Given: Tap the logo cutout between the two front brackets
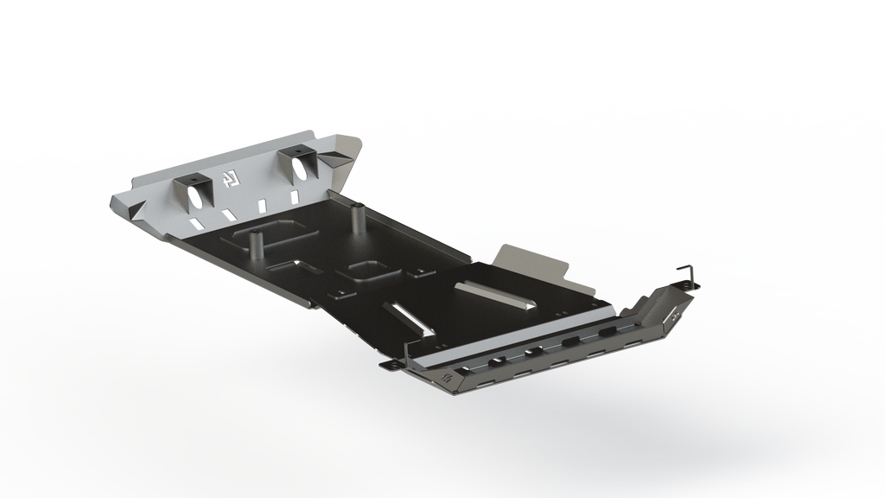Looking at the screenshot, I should click(x=230, y=179).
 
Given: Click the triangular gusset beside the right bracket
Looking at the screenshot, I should click(x=332, y=160).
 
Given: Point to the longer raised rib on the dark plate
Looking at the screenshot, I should click(x=495, y=296).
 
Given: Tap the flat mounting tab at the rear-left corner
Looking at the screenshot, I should click(x=389, y=365).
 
